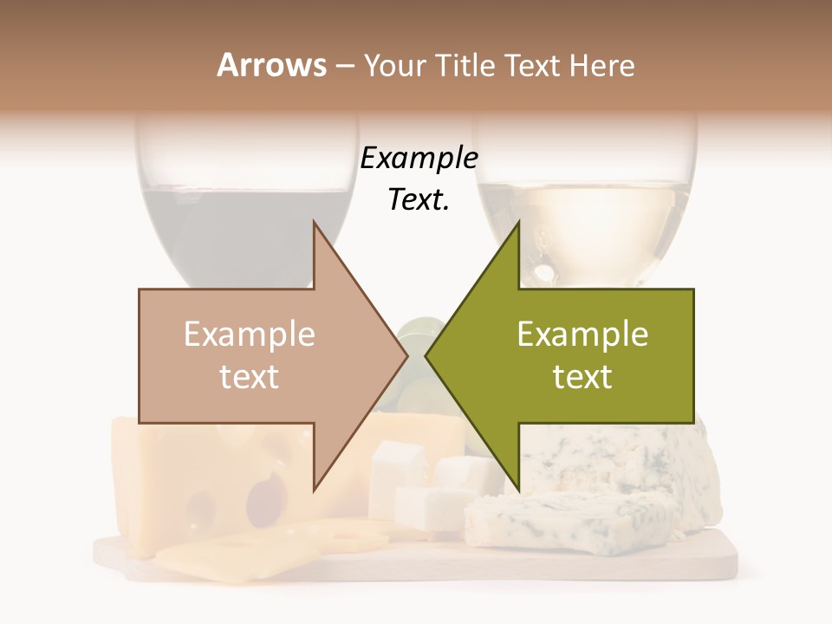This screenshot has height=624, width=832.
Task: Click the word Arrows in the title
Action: click(x=272, y=65)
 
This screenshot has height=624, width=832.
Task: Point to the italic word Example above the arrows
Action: click(x=419, y=159)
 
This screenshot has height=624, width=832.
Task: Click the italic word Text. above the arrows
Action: click(x=419, y=200)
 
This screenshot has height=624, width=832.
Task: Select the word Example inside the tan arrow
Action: click(x=250, y=335)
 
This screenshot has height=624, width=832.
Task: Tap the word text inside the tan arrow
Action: click(x=250, y=377)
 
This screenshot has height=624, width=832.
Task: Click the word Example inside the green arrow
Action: click(x=582, y=335)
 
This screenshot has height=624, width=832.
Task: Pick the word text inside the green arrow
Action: click(x=582, y=377)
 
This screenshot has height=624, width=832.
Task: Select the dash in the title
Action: click(x=344, y=65)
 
